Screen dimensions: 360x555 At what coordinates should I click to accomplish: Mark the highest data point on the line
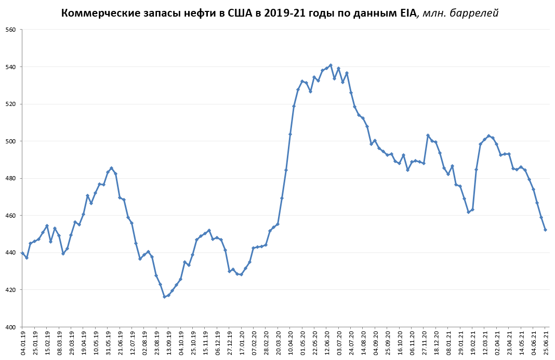point(331,65)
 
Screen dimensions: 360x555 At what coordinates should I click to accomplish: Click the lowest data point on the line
point(164,297)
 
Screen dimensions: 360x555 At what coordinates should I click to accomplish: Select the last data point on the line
point(545,230)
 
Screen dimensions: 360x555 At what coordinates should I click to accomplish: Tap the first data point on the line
point(22,253)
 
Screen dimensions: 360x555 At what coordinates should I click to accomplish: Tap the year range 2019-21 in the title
point(288,13)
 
